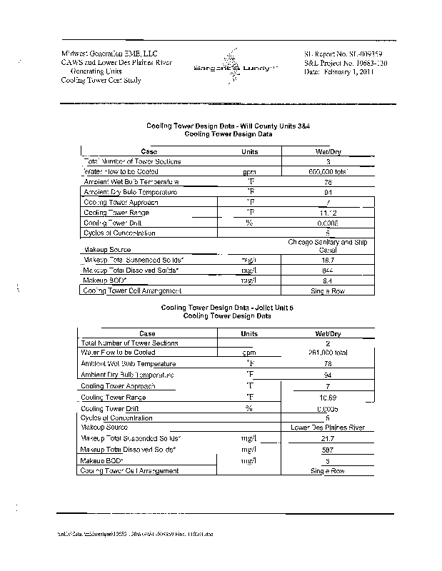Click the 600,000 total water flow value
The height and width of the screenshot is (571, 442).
[x=328, y=172]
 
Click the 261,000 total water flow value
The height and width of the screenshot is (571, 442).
[x=328, y=353]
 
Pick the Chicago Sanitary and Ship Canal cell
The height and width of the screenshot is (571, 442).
[x=328, y=246]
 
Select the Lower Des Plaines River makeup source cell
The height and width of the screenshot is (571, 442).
[x=328, y=428]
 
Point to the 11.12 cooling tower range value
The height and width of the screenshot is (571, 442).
[x=328, y=213]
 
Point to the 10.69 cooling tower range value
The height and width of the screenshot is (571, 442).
[x=328, y=396]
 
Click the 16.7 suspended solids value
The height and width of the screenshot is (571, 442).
[x=328, y=260]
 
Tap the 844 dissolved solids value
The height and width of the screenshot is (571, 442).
[x=328, y=271]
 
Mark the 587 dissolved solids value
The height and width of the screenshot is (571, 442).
[x=328, y=450]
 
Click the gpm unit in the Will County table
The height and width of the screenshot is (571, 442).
[x=249, y=172]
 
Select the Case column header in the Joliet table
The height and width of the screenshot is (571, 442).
[x=147, y=333]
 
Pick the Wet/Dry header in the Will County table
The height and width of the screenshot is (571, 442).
[x=328, y=151]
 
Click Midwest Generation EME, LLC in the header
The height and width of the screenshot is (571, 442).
[x=109, y=54]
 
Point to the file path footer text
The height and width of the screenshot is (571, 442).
[x=135, y=533]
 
